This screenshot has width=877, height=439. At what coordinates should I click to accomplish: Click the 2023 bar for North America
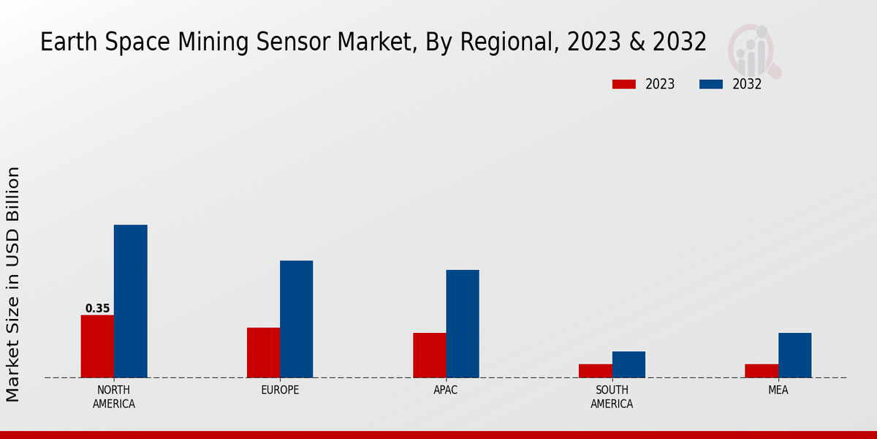point(97,346)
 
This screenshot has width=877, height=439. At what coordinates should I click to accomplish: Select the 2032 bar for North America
point(130,301)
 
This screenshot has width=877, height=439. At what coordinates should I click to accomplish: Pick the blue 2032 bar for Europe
point(296,319)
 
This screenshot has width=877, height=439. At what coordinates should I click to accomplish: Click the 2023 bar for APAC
point(429,355)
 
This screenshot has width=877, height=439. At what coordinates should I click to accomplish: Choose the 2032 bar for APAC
point(463,323)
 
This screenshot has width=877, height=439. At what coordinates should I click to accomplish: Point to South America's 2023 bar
point(595,370)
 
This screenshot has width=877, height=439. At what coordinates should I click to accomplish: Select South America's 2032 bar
point(629,364)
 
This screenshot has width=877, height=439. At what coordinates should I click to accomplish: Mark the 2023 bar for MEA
point(761,370)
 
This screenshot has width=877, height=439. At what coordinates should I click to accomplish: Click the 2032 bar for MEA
point(794,355)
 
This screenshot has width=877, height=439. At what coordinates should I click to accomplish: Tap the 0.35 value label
point(97,309)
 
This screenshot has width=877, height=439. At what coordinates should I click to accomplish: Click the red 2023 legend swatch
point(624,84)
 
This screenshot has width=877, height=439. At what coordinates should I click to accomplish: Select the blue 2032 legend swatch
point(710,84)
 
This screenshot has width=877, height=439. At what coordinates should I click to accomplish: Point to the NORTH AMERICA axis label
point(114,397)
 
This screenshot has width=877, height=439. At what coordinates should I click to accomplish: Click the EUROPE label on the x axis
point(280,390)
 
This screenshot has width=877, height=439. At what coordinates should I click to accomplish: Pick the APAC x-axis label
point(446,390)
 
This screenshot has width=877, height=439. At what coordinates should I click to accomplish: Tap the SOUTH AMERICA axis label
point(612,397)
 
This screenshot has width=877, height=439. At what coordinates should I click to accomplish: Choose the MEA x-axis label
point(778,390)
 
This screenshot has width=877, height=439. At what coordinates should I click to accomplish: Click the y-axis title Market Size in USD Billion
point(13,284)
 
